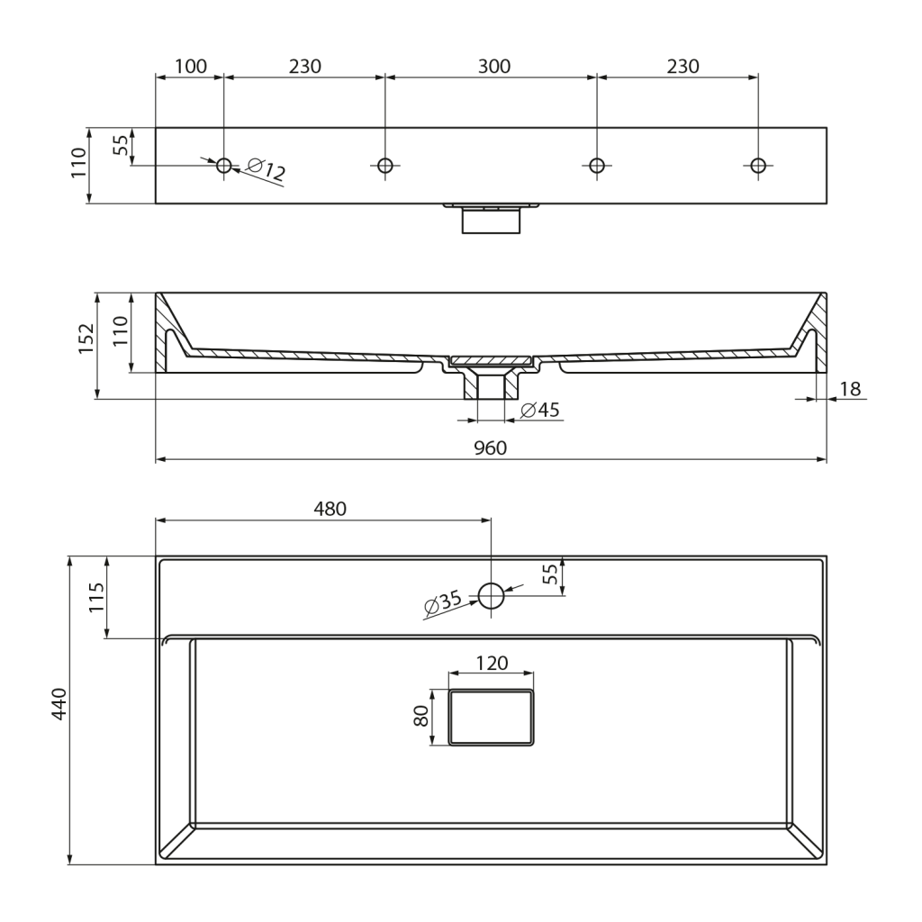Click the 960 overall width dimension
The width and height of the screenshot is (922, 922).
[x=490, y=448]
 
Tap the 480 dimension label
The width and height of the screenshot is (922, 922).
[x=330, y=509]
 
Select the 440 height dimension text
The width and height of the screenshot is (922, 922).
[x=60, y=703]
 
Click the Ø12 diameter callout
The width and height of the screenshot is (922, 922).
[x=267, y=169]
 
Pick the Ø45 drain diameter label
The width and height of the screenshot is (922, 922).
[x=540, y=410]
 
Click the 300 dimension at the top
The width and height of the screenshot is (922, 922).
[x=494, y=67]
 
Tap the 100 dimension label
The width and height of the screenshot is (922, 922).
[x=191, y=67]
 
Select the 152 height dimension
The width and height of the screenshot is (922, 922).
[x=86, y=339]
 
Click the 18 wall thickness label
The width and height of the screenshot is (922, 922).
[x=850, y=389]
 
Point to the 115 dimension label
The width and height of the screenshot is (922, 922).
[x=96, y=598]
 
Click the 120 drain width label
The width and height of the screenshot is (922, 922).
[x=492, y=664]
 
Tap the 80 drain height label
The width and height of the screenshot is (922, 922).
[x=421, y=716]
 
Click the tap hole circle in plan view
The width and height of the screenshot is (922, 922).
[x=491, y=596]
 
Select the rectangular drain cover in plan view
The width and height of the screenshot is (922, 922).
[x=491, y=718]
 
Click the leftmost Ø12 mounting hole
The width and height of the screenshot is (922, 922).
[x=224, y=166]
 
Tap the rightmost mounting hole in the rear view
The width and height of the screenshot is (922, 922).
[x=758, y=166]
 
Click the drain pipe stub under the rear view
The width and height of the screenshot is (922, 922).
[x=491, y=221]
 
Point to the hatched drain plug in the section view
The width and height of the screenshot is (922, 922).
[x=491, y=359]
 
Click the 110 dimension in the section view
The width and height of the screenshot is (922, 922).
[x=121, y=331]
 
